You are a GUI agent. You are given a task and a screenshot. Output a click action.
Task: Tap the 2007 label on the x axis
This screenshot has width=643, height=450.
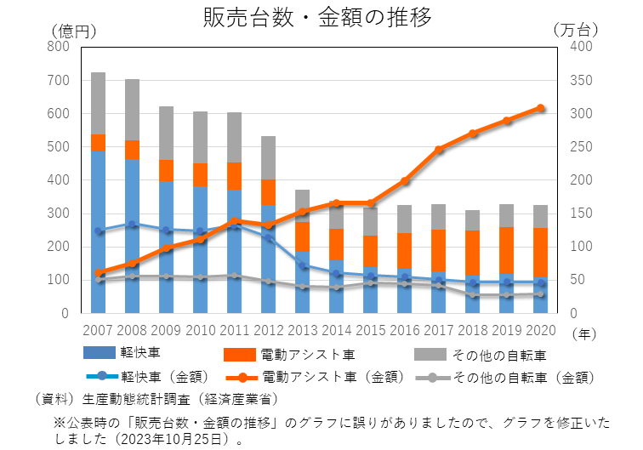click(x=98, y=329)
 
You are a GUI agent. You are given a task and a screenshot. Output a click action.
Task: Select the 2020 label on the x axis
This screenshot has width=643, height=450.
click(x=540, y=329)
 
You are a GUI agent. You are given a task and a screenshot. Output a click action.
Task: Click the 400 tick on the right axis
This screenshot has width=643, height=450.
click(x=578, y=47)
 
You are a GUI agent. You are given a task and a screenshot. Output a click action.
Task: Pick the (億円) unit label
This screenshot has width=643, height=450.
click(x=73, y=30)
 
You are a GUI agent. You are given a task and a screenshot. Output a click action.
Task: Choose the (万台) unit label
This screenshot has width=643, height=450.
click(x=576, y=30)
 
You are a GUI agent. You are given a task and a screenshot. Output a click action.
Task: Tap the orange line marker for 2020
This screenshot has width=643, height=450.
click(x=540, y=108)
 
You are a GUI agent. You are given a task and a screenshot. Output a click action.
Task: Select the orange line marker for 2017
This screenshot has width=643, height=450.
click(x=439, y=150)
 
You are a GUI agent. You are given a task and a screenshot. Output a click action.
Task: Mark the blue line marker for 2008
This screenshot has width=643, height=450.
click(x=132, y=225)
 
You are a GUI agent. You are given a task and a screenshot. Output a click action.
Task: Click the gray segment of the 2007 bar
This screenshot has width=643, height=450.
click(x=98, y=103)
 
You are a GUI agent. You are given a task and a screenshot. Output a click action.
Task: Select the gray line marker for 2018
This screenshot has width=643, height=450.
click(x=472, y=295)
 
